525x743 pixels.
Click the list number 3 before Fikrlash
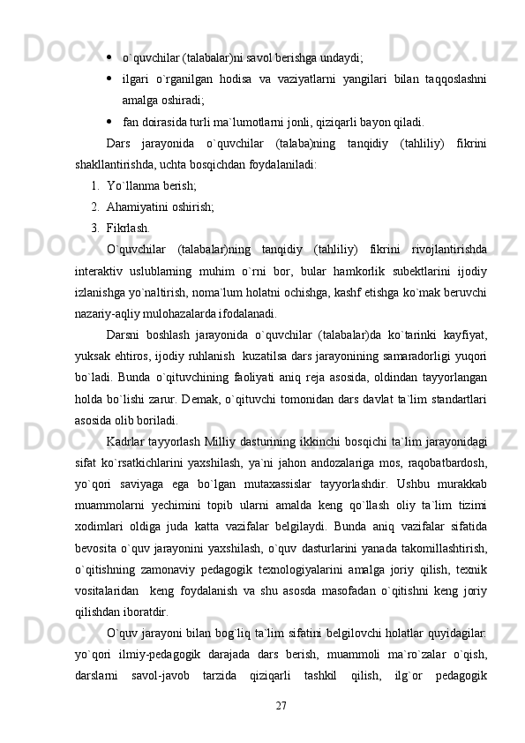(94, 228)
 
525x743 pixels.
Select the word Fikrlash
(127, 228)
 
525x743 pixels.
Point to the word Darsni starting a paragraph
(123, 334)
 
